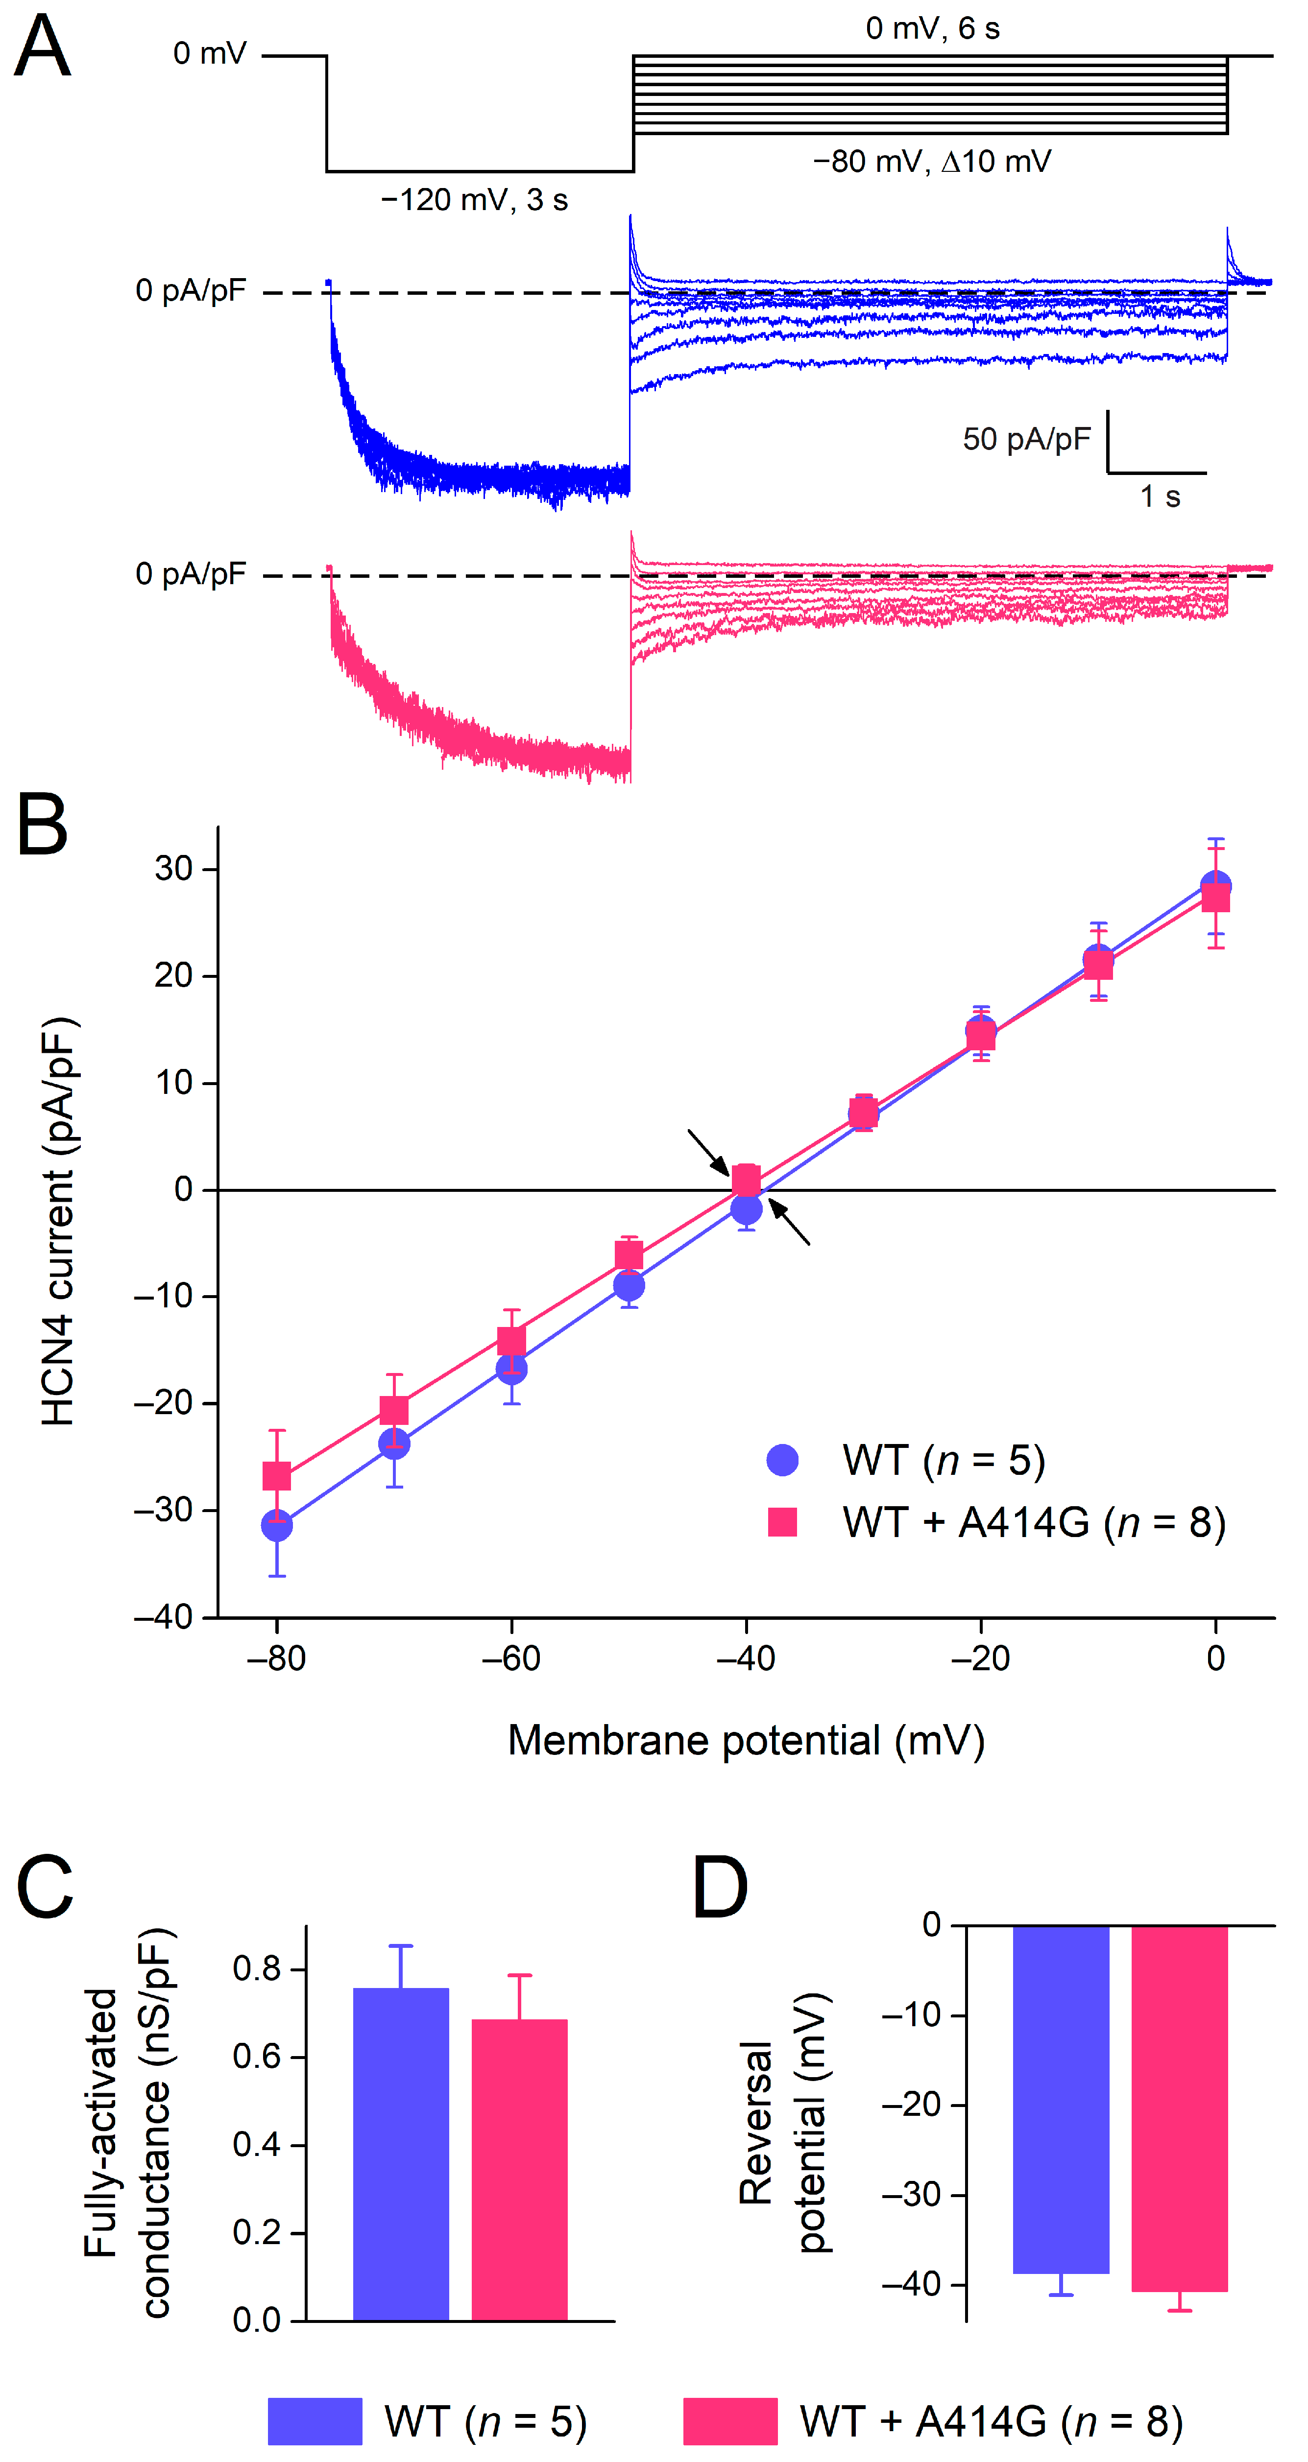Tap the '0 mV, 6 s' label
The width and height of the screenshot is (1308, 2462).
932,29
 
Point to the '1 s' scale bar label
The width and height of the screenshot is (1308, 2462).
1160,497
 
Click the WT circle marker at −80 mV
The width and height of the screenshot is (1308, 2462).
276,1526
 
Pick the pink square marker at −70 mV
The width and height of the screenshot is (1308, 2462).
394,1411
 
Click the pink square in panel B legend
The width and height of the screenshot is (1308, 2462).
782,1521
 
